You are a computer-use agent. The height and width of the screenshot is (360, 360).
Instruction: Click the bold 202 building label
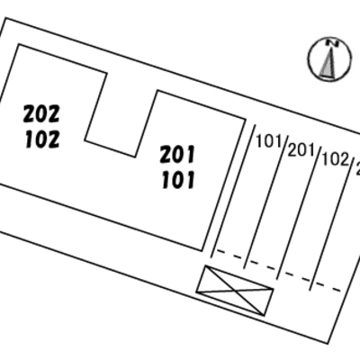click(41, 113)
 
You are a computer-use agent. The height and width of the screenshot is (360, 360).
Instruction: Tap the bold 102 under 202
click(42, 140)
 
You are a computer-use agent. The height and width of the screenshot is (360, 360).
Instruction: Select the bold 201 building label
click(177, 154)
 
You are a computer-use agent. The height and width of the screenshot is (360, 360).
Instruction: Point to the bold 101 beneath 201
click(178, 180)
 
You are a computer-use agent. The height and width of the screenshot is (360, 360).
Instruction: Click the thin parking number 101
click(270, 141)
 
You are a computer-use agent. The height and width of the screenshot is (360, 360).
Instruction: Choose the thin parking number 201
click(302, 150)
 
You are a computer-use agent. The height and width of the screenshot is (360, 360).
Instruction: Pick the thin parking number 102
click(336, 159)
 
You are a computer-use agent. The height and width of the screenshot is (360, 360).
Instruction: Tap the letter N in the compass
click(331, 43)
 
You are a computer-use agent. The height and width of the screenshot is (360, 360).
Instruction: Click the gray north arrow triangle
click(328, 63)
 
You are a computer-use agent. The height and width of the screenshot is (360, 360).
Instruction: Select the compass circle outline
click(308, 59)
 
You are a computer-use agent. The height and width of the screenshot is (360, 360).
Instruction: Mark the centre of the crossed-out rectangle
click(235, 291)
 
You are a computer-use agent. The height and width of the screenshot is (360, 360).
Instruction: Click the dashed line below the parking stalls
click(279, 271)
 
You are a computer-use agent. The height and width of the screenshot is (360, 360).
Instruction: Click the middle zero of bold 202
click(42, 114)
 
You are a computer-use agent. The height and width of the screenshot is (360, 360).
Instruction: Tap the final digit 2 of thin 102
click(346, 160)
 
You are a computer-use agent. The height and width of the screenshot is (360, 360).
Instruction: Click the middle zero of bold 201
click(178, 155)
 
